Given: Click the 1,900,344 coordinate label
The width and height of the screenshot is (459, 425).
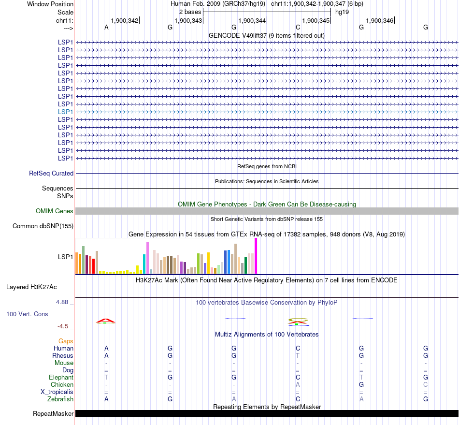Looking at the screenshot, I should [x=252, y=20].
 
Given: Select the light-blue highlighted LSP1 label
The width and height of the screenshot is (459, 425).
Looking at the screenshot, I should [x=65, y=112].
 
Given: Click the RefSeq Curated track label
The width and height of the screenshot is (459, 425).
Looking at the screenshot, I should [x=51, y=173].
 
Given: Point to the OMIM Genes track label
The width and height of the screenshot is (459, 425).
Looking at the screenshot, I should [x=55, y=211].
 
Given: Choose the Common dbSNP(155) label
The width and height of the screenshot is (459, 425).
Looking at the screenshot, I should [x=43, y=226].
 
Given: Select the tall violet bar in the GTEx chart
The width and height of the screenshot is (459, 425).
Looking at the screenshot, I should [x=147, y=258].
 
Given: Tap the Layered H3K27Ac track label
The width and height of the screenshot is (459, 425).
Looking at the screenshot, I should [x=31, y=287].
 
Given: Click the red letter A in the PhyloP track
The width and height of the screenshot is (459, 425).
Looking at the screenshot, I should [x=106, y=320].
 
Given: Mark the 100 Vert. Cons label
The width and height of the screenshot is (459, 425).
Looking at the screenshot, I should [x=27, y=314].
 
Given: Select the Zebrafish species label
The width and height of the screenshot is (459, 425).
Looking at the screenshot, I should [x=60, y=399].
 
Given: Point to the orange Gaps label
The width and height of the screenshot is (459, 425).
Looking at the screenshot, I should [x=66, y=341].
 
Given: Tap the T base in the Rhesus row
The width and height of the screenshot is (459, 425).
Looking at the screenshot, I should [x=298, y=355].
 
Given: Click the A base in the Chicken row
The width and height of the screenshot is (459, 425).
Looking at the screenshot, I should [x=298, y=384].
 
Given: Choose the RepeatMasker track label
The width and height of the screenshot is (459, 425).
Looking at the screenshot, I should [x=53, y=413].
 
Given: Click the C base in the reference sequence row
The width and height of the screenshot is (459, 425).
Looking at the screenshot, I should [x=298, y=27].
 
